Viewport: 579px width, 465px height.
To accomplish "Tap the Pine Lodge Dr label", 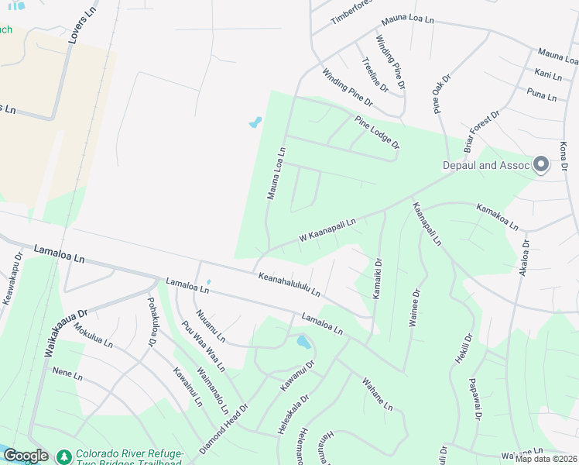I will pos(377,133).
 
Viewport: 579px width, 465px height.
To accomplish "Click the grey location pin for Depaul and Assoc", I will pos(540,164).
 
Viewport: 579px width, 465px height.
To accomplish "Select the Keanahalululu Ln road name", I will pos(289,284).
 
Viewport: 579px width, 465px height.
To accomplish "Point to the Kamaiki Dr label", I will pos(377,279).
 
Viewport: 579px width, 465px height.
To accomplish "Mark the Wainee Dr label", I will pos(413,307).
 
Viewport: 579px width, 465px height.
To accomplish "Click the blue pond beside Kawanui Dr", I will pos(303,341).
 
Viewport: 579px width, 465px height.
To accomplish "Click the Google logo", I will pos(25,456).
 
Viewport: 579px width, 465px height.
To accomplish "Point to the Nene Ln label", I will pos(67,375).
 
